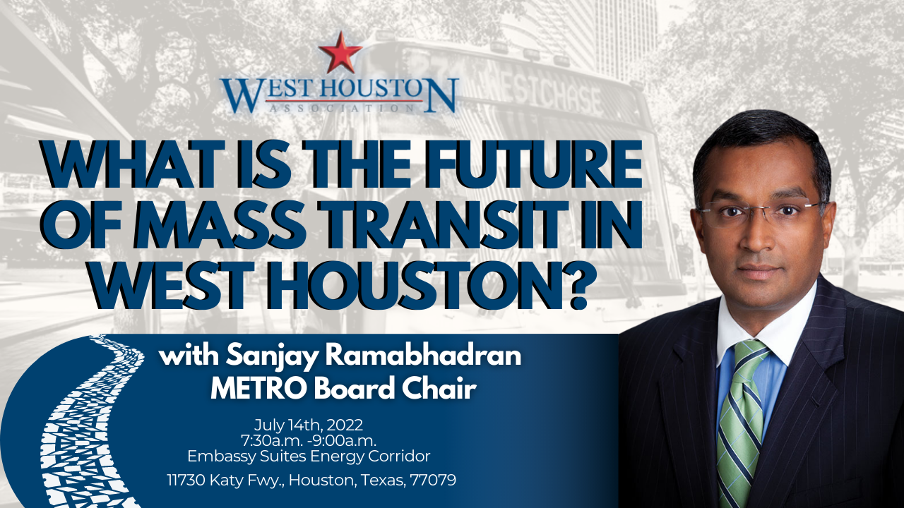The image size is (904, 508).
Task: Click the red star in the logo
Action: (340, 52)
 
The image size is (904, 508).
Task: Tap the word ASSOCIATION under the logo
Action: (341, 108)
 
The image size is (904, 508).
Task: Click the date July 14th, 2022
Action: (309, 425)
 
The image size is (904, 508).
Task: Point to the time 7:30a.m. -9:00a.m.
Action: (309, 440)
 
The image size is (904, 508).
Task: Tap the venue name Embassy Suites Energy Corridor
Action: (309, 456)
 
